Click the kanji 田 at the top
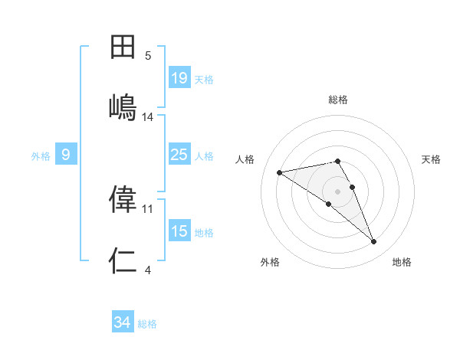point(123,47)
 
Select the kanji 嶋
point(123,106)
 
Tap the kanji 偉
point(123,199)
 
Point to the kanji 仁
point(123,261)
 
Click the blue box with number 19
point(179,78)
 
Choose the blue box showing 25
point(179,155)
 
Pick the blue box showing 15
point(179,231)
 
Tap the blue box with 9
point(66,155)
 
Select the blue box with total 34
point(122,322)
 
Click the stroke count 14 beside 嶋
point(148,117)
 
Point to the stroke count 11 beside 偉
point(148,208)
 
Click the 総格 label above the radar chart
point(338,100)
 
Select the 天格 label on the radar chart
point(432,159)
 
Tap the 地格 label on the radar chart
point(402,262)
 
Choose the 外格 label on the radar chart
point(270,262)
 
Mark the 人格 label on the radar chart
point(245,159)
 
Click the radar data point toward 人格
point(280,172)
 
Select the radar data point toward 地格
point(374,242)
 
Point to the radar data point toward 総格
point(338,161)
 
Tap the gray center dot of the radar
point(338,191)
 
